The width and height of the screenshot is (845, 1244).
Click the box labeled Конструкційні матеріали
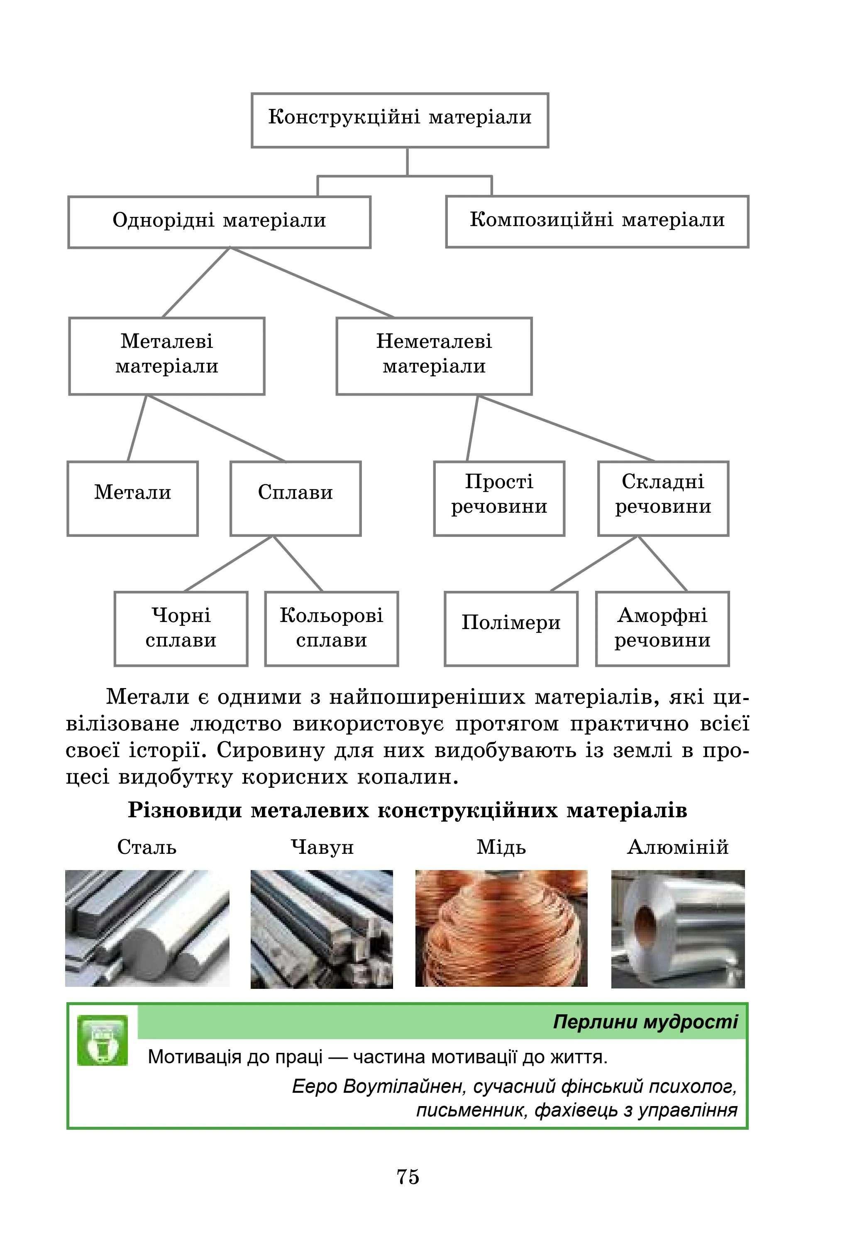click(x=400, y=120)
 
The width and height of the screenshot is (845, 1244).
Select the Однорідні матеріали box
click(x=219, y=221)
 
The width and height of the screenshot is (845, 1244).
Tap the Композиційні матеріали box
click(x=597, y=221)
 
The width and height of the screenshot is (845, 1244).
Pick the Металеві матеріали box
click(x=166, y=356)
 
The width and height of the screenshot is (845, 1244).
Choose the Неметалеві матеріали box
click(x=434, y=356)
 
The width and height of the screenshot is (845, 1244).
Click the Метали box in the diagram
click(x=133, y=498)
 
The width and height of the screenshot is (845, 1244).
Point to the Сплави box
click(x=295, y=498)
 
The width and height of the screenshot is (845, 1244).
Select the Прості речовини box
click(x=499, y=498)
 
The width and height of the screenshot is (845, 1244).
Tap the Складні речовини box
click(x=663, y=498)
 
